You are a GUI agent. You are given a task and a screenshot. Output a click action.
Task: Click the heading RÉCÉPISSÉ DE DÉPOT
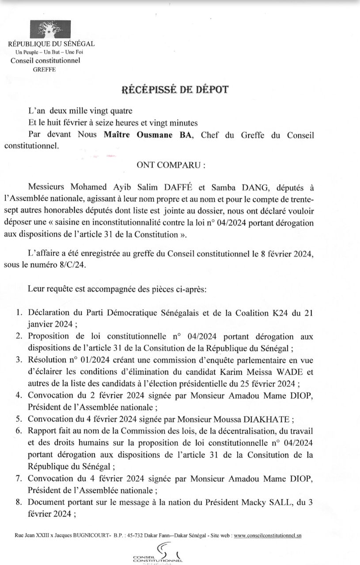click(175, 90)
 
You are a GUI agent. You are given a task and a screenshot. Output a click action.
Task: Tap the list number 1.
click(19, 313)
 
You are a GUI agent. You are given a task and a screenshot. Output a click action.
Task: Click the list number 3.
click(19, 359)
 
